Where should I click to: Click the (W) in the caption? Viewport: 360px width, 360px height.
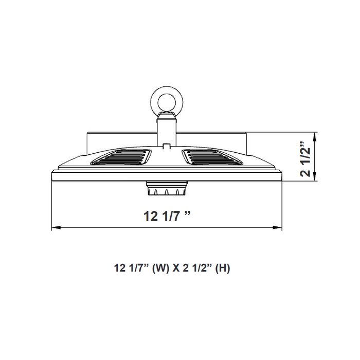coord(161,268)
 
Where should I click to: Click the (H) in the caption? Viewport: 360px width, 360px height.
coord(223,268)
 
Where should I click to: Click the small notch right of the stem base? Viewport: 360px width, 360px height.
coord(166,146)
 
